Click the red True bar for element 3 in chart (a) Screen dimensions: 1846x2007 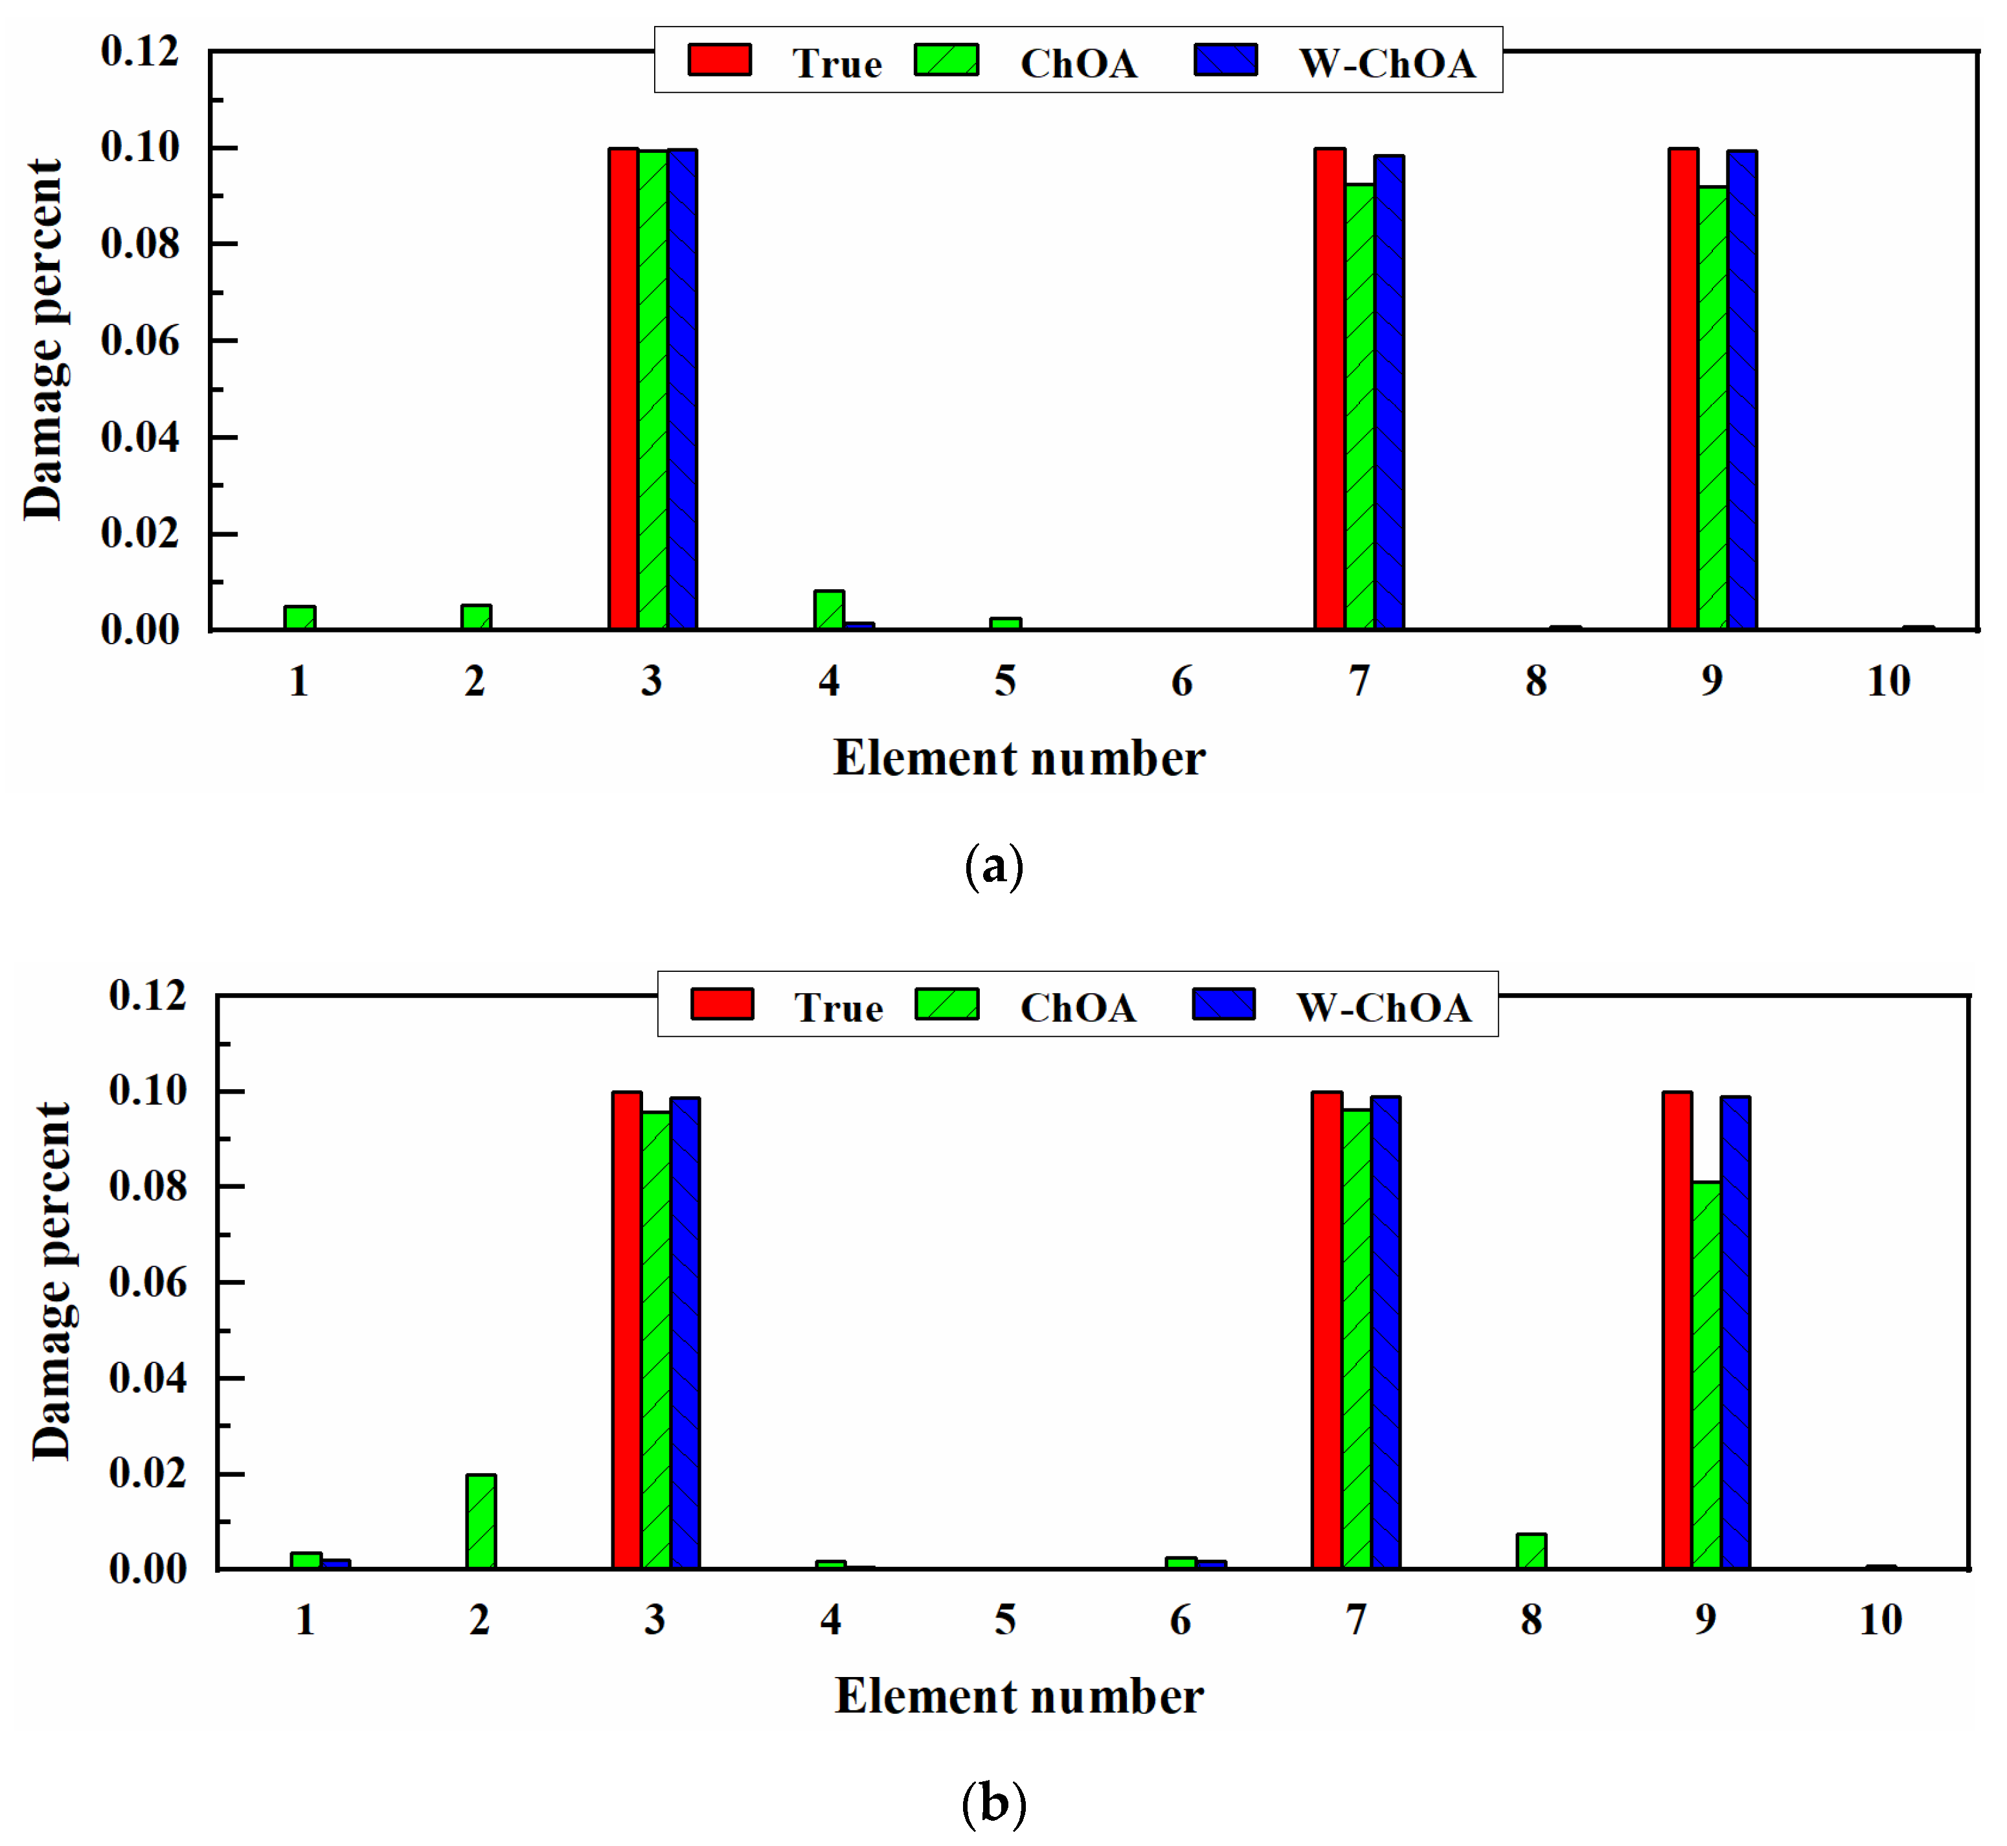tap(624, 390)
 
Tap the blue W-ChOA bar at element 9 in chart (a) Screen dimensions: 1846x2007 tap(1742, 390)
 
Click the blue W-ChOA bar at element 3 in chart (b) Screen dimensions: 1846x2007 tap(685, 1334)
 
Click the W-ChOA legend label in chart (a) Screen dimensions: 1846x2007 tap(1387, 64)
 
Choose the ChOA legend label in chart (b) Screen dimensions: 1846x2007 tap(1078, 1008)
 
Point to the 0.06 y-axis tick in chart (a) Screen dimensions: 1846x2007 tap(140, 341)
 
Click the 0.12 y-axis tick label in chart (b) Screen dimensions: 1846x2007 tap(147, 995)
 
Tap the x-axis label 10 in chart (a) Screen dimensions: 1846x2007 tap(1888, 681)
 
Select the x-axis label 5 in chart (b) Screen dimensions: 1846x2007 tap(1005, 1620)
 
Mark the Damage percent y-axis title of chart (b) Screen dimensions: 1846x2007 tap(52, 1281)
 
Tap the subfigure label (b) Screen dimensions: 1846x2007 tap(994, 1804)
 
